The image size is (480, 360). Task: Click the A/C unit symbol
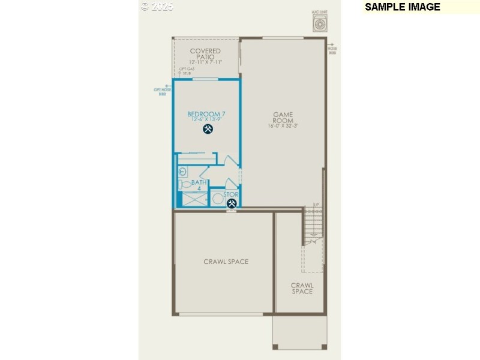(320, 23)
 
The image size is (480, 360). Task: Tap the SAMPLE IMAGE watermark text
(403, 7)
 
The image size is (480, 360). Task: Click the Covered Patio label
(205, 54)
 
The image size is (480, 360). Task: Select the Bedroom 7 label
(206, 114)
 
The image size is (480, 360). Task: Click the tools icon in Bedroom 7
(208, 129)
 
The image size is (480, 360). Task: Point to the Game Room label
(283, 117)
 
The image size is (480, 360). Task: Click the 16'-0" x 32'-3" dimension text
(283, 127)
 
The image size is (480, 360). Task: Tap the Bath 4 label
(199, 185)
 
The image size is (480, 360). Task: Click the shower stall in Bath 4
(191, 199)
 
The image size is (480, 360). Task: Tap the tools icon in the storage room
(231, 203)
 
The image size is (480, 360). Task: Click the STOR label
(231, 194)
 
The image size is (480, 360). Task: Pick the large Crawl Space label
(226, 262)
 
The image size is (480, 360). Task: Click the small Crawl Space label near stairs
(302, 289)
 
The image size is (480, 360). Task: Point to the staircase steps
(313, 225)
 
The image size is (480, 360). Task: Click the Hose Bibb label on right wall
(332, 50)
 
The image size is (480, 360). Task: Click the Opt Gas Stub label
(187, 71)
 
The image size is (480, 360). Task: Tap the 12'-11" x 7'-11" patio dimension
(205, 62)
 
